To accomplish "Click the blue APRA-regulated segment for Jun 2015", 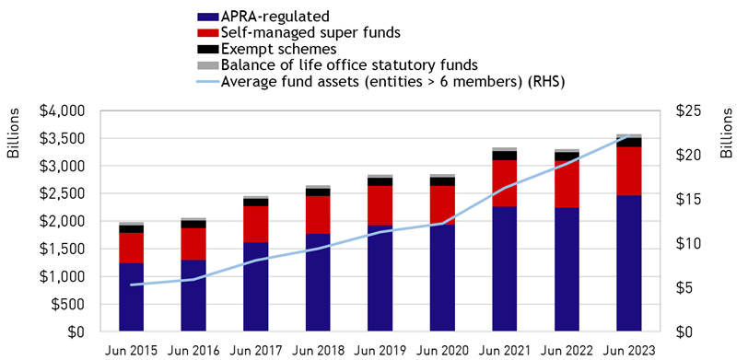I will [132, 296].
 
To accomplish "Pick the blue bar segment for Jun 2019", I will [380, 278].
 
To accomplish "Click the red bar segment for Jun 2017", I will [256, 224].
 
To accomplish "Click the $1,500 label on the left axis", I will [65, 250].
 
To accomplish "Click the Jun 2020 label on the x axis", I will [442, 351].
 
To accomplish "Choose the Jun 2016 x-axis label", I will [193, 351].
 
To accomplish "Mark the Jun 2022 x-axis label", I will [567, 351].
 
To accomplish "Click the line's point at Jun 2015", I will [132, 285].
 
